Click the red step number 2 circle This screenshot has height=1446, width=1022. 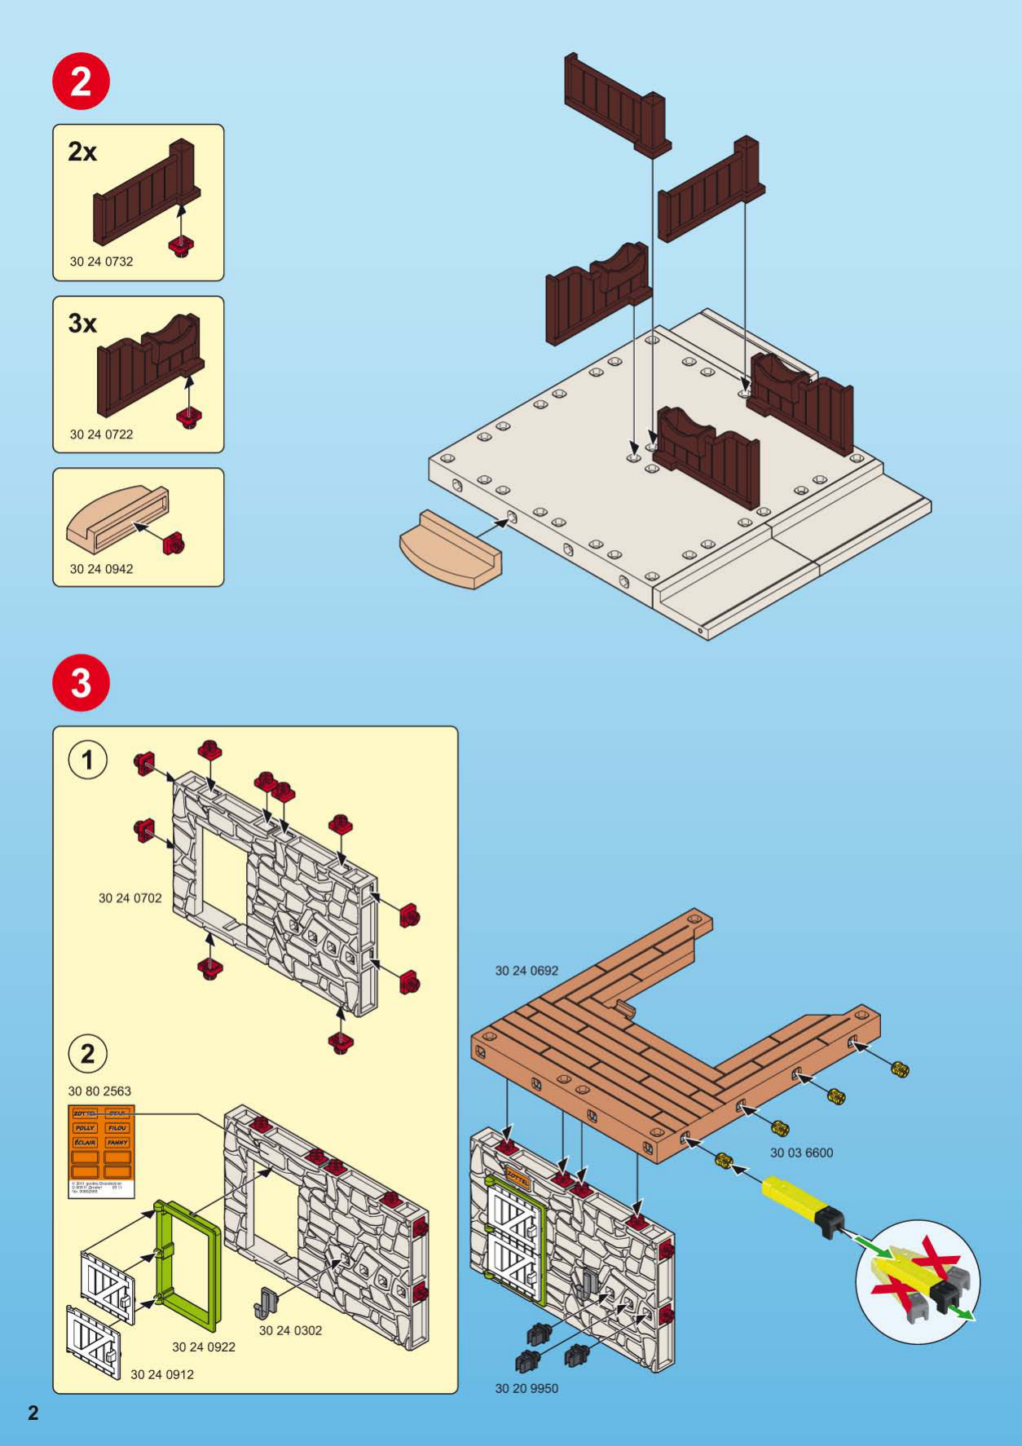click(81, 82)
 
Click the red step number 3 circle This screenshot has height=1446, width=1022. click(81, 682)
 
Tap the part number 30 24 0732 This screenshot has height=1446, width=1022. click(101, 262)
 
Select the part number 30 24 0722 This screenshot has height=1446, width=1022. click(101, 434)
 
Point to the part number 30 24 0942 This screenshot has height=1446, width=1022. click(101, 569)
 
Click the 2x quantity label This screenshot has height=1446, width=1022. click(82, 152)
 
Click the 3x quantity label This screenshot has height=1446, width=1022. click(82, 324)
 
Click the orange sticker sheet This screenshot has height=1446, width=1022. click(101, 1141)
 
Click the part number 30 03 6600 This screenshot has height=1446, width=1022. click(801, 1153)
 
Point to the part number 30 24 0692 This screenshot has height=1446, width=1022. click(526, 971)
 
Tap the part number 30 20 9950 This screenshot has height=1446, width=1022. click(526, 1388)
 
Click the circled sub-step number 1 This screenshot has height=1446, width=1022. click(87, 760)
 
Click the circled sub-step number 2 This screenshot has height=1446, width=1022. click(87, 1054)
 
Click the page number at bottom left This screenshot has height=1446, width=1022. click(33, 1413)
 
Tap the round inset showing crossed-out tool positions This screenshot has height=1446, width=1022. click(918, 1282)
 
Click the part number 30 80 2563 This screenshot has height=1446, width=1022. click(99, 1091)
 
